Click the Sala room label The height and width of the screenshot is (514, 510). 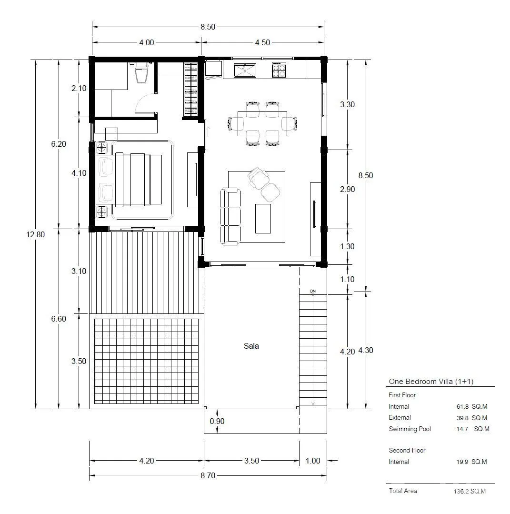(x=251, y=346)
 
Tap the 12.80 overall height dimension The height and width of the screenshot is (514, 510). (x=35, y=234)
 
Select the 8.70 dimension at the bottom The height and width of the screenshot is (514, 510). (x=208, y=475)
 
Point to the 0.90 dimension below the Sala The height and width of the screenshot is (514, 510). (x=217, y=421)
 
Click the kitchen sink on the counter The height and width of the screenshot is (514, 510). (x=245, y=70)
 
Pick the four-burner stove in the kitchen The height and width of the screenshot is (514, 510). (x=279, y=70)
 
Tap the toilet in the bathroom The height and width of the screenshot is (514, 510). (x=142, y=73)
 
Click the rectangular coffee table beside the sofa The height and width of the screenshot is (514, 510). (x=263, y=218)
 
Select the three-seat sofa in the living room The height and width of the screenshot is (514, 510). (x=230, y=216)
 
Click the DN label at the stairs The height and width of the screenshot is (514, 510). (x=313, y=291)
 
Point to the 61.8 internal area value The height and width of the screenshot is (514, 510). (x=462, y=407)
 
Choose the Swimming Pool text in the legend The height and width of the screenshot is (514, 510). (x=410, y=429)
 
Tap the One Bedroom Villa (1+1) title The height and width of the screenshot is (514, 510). (x=431, y=381)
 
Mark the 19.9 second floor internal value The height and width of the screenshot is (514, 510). (x=462, y=462)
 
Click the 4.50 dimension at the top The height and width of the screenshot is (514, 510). (x=262, y=42)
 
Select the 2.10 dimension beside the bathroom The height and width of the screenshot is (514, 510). (x=79, y=88)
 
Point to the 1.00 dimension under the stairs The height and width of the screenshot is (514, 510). (x=313, y=461)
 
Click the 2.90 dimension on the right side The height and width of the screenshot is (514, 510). (x=348, y=189)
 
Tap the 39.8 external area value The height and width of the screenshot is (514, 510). (x=462, y=418)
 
